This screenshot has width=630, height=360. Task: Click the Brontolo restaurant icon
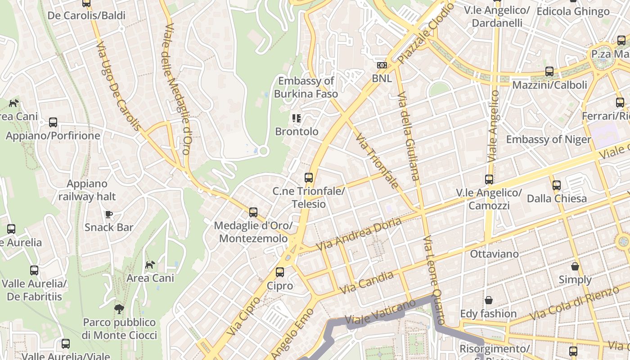[296, 118]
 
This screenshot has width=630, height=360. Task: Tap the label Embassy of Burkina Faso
[306, 87]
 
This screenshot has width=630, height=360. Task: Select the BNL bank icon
[382, 65]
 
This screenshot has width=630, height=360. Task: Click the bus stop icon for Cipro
[280, 272]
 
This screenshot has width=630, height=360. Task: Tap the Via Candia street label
[367, 283]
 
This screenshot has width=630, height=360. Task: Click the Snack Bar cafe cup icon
[108, 214]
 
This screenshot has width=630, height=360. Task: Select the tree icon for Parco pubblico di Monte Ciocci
[119, 309]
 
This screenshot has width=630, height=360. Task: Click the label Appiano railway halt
[87, 190]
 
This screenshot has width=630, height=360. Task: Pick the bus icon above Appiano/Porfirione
[53, 122]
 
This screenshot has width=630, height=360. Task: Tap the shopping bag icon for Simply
[575, 266]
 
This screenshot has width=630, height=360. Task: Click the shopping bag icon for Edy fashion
[488, 300]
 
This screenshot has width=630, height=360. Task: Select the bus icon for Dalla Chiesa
[557, 185]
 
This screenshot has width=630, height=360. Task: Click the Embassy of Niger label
[548, 139]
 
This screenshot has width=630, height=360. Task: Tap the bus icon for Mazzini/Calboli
[549, 72]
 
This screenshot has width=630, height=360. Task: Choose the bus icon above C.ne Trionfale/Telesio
[309, 178]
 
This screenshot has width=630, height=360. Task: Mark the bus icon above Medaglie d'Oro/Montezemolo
[253, 212]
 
